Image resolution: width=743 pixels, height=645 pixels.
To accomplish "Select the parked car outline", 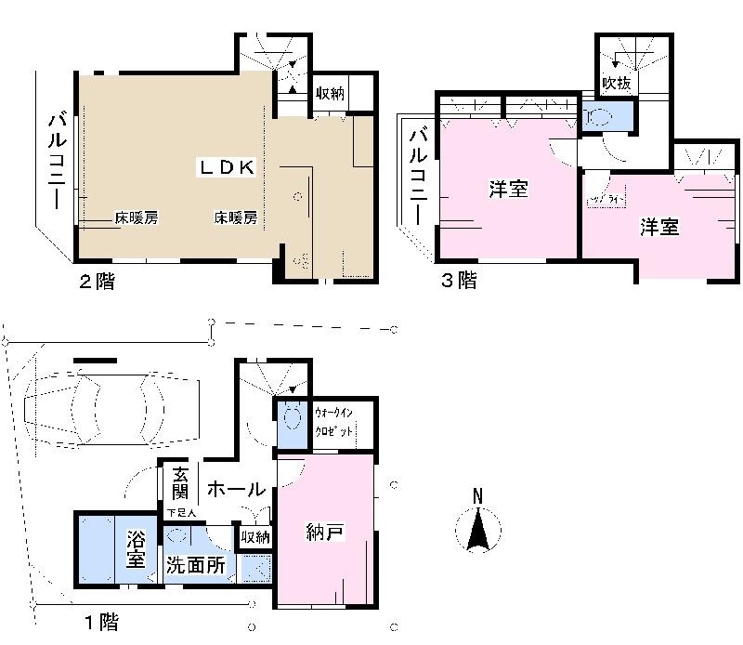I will pos(109,407).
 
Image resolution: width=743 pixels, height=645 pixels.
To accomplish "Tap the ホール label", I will pos(237,489).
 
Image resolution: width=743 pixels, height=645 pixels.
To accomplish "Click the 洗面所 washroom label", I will pos(195,565).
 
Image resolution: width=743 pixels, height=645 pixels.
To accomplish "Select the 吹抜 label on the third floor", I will pos(617,83).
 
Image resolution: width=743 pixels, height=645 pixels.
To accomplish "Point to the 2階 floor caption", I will pos(97,281).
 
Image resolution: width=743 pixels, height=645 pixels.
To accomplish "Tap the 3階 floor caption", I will pos(458,280).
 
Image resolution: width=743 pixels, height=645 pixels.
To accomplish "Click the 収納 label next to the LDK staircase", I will pos(330,93).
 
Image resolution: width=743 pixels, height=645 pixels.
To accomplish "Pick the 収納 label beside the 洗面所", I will pos(255,536).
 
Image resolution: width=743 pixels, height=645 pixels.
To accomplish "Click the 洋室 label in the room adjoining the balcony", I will pos(509,190).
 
